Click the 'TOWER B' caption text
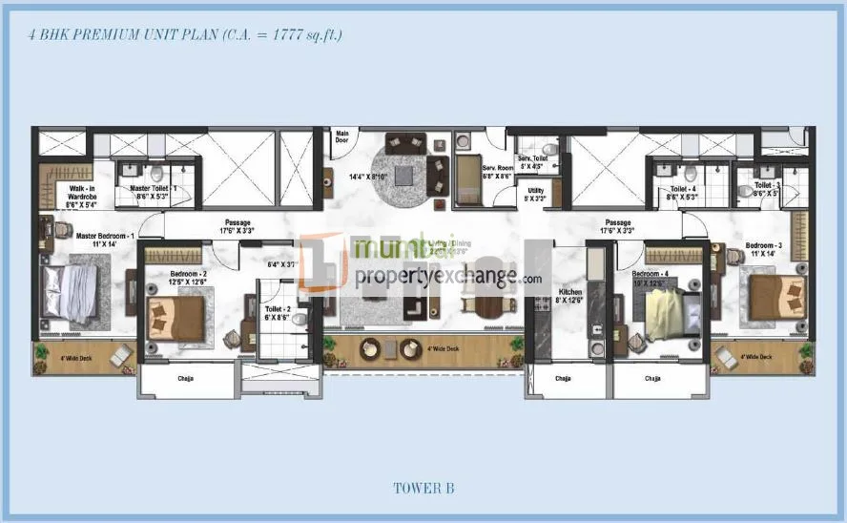423,489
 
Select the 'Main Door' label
341,136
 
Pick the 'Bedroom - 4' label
657,277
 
